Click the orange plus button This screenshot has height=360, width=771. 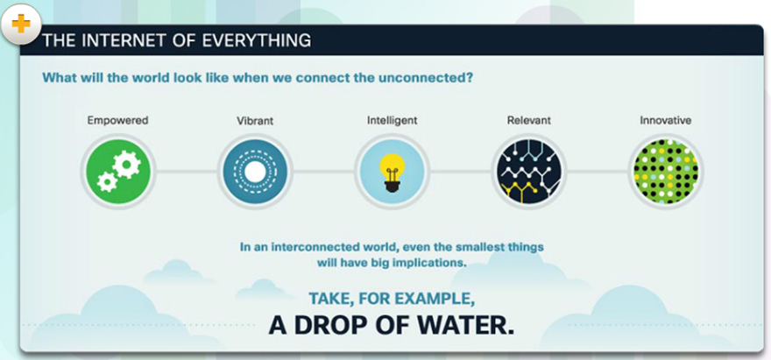pos(21,24)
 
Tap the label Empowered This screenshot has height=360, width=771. pos(117,120)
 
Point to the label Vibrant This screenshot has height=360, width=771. pos(255,121)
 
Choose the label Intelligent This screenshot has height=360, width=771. pos(392,120)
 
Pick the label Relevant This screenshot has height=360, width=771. pos(529,120)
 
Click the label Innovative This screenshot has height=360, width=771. pos(665,120)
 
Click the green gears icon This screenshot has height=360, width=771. pos(118,172)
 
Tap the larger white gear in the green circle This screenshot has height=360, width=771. pos(126,165)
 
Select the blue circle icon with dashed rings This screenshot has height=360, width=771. pos(255,172)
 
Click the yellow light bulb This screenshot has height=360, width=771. pos(392,167)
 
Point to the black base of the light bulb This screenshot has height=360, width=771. pos(392,187)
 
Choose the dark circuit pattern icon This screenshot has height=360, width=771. pos(529,172)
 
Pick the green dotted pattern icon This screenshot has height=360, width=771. pos(665,172)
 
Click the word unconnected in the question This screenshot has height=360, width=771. pos(424,78)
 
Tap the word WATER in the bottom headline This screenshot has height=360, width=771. pos(464,326)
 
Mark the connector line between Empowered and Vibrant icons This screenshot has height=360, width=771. pos(187,172)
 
